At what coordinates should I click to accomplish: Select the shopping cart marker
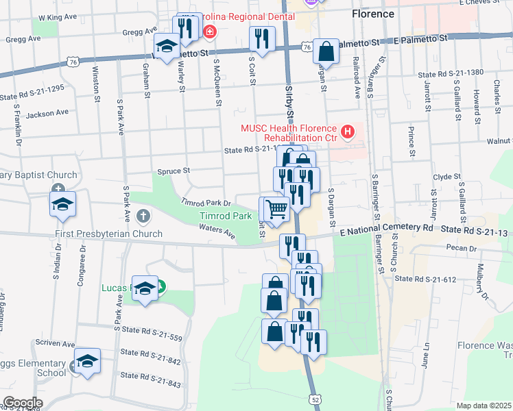276,208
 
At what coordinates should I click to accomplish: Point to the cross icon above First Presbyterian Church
143,217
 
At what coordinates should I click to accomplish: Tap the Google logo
23,403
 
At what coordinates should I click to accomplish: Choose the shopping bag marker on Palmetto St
326,51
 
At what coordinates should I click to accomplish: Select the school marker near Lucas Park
145,288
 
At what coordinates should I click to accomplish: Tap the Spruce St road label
173,171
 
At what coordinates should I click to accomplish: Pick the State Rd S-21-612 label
425,279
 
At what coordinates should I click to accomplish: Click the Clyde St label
447,177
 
